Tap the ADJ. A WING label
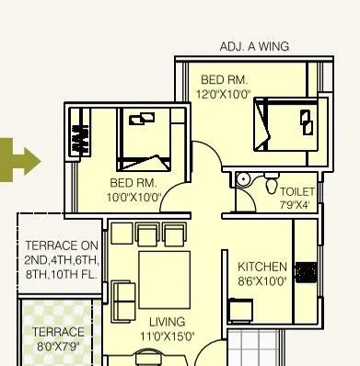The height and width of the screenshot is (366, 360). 254,46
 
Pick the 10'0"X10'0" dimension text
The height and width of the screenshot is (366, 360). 134,196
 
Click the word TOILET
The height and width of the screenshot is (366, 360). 296,191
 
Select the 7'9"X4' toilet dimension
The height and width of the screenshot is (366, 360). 296,204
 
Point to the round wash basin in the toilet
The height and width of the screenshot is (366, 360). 244,179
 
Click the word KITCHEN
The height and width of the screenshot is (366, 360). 262,267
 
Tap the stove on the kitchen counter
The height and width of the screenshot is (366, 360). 307,271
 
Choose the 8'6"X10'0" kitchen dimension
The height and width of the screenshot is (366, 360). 262,280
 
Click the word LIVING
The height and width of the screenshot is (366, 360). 167,322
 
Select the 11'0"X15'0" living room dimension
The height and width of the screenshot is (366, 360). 167,336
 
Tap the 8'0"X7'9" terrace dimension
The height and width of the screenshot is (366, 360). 58,346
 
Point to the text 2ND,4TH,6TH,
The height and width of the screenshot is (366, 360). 62,260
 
